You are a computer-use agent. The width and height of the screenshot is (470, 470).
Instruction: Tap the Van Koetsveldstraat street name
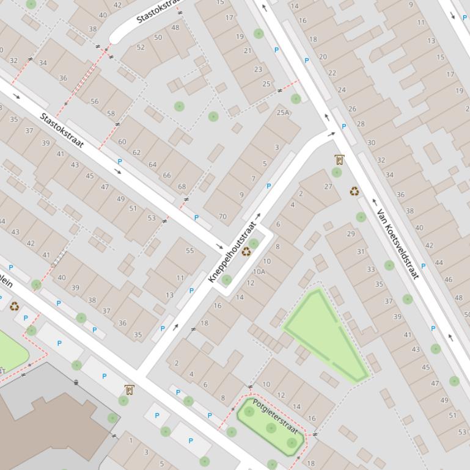[398, 244]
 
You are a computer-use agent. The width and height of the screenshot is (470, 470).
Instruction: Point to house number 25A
[282, 112]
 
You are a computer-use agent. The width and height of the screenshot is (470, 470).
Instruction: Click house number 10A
[259, 272]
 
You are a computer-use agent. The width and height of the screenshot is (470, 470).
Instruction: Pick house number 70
[222, 216]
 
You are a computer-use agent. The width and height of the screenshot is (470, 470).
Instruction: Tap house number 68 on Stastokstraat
[182, 187]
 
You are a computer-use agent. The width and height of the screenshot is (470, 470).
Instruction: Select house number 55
[189, 250]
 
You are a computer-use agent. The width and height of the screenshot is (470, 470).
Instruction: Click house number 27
[328, 187]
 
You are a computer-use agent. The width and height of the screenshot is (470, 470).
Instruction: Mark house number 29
[351, 234]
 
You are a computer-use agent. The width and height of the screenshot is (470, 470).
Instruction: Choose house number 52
[141, 47]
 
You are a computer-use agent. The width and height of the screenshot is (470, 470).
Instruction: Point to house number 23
[258, 70]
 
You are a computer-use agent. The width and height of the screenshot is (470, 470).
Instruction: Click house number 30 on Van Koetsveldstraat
[372, 143]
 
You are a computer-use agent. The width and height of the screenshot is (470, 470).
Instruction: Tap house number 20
[323, 56]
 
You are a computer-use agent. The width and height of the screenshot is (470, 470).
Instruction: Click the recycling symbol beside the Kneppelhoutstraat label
[246, 251]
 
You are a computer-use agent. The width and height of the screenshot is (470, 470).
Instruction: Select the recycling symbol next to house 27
[354, 191]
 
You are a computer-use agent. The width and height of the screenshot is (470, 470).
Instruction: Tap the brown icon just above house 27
[339, 160]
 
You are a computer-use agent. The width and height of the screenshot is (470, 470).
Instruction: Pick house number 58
[111, 114]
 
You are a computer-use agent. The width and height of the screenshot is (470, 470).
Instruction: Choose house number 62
[136, 153]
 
